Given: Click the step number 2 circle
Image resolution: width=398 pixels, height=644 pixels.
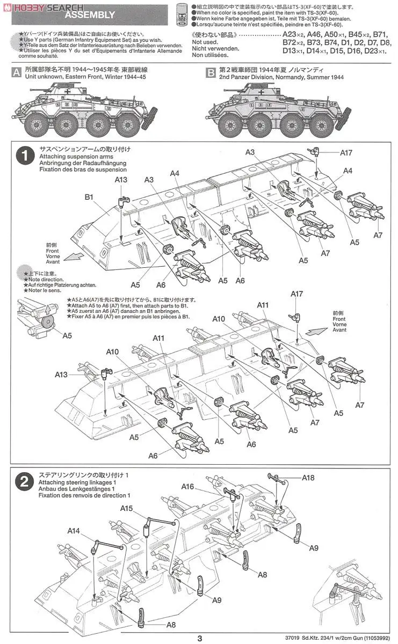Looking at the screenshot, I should click(24, 481).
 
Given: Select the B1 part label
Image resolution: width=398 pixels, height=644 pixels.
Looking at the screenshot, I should click(89, 197).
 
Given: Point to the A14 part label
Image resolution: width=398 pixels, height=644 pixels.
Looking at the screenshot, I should click(74, 531).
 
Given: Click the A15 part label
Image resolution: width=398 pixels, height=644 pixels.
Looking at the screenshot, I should click(127, 508).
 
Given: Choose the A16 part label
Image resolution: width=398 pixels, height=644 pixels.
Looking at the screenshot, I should click(187, 486).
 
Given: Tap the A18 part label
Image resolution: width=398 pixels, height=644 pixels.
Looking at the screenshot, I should click(308, 477).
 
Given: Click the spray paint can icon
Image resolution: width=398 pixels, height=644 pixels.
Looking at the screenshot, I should click(183, 13).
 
